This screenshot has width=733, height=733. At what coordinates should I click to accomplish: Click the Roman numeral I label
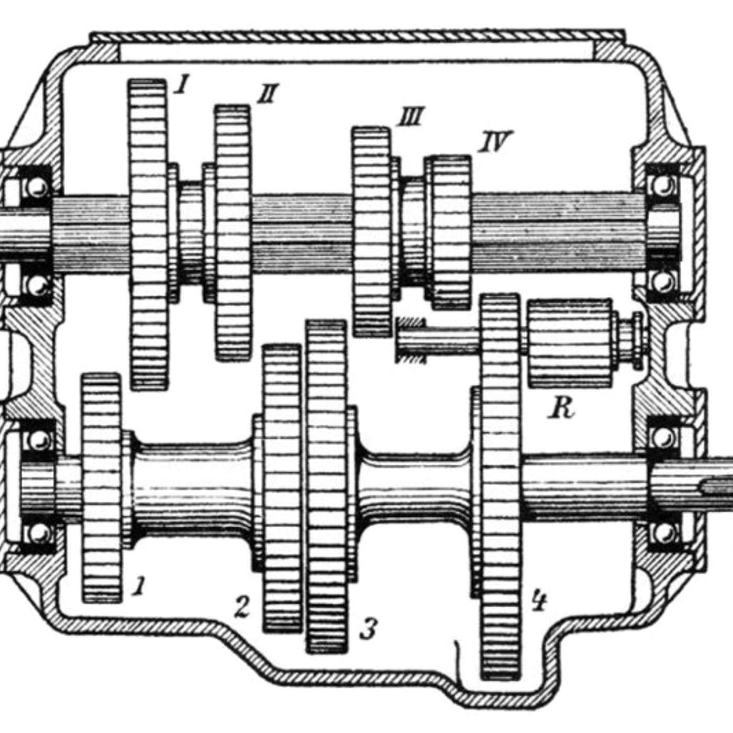tap(181, 84)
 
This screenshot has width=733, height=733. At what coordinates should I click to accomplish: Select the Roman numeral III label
tap(409, 116)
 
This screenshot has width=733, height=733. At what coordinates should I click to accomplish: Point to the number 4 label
tap(539, 600)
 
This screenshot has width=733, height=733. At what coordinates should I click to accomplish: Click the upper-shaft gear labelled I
tap(148, 235)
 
